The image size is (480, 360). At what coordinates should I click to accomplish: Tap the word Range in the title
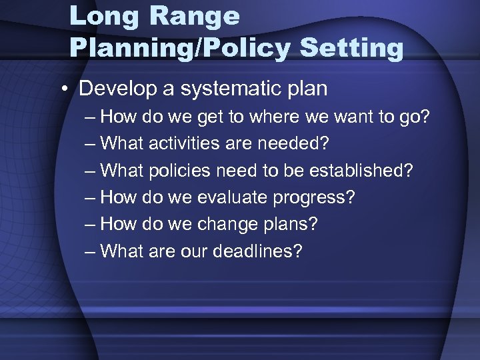point(197,16)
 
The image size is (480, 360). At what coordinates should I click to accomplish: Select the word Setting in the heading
point(351,48)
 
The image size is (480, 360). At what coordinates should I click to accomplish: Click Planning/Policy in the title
point(180,48)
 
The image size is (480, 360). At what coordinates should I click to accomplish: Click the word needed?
point(295,144)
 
